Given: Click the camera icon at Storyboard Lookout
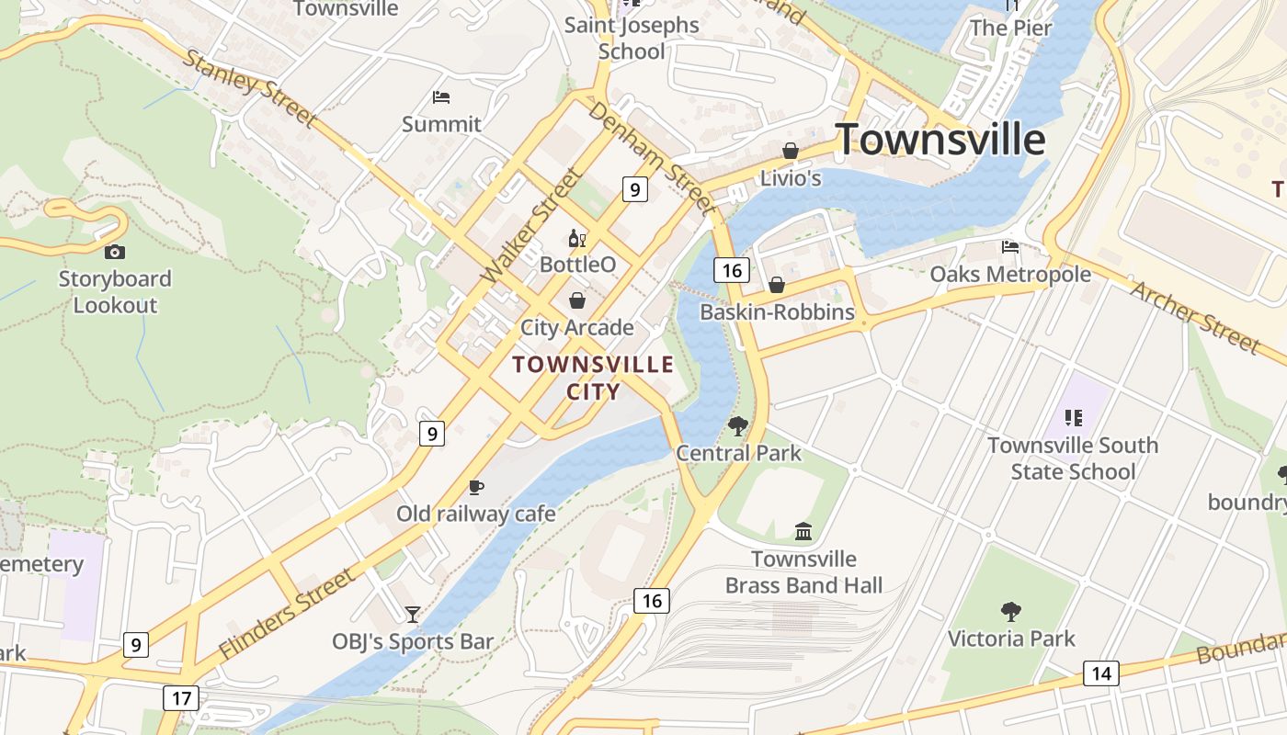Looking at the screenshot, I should tap(115, 252).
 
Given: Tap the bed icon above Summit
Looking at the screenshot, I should tap(441, 96).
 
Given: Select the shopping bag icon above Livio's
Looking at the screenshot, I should tap(790, 151).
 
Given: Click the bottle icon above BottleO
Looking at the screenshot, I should tap(576, 239).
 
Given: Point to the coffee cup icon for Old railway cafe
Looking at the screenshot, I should tap(475, 487).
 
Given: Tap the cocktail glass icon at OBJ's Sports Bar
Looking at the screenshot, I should tap(413, 614).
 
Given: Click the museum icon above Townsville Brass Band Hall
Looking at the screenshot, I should tap(803, 531).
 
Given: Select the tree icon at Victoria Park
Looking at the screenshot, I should tap(1011, 611).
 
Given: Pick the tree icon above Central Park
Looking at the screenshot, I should tap(737, 425).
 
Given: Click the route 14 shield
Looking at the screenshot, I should tap(1100, 673).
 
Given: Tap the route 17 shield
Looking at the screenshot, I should tap(181, 698).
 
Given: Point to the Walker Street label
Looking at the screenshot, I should tap(532, 226).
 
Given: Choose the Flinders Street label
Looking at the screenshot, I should tap(287, 614).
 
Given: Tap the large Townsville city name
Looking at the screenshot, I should tap(940, 140).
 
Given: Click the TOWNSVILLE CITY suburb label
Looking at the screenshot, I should tap(593, 378).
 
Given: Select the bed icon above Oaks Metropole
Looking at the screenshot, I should tap(1010, 246).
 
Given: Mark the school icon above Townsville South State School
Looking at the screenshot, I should tap(1073, 418).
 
